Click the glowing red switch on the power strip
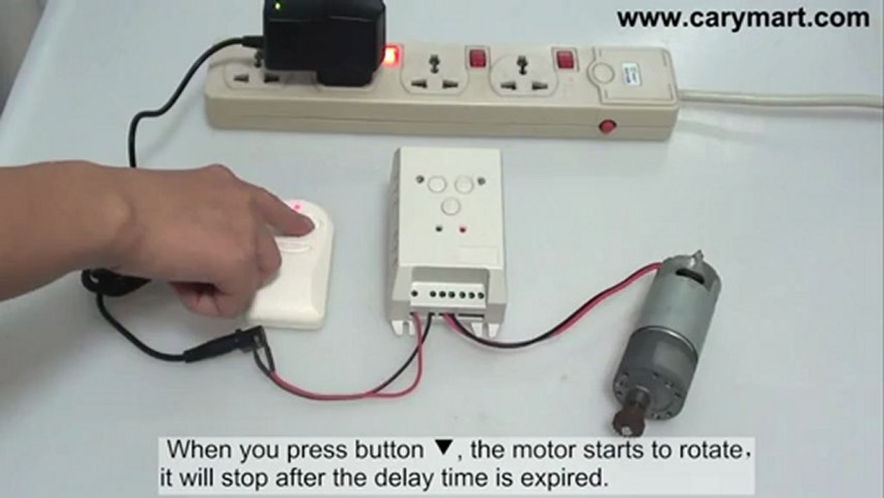pyautogui.click(x=393, y=56)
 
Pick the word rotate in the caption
pyautogui.click(x=711, y=451)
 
